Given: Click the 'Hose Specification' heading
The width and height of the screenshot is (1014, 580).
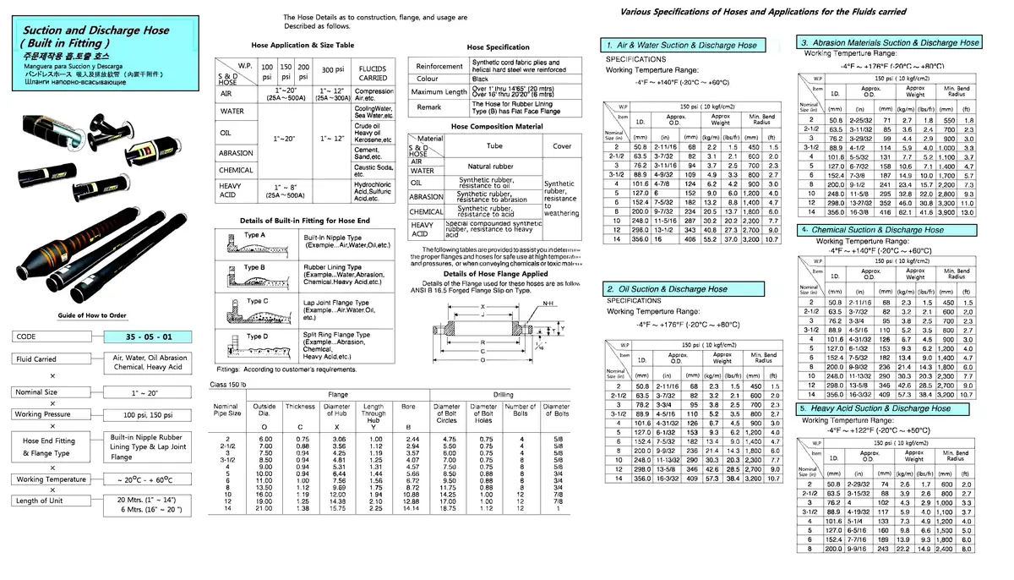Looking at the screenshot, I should tap(498, 48).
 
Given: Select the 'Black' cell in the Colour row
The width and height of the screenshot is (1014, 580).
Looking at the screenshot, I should tap(481, 79).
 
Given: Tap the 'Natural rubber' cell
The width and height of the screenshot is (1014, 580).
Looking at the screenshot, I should tap(491, 167).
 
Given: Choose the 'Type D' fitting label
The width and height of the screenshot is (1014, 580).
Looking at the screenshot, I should tap(257, 337).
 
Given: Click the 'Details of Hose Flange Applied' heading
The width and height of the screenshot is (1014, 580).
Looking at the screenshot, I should tap(495, 274).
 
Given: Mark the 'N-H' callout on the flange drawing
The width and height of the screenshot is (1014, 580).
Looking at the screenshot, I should tap(548, 304).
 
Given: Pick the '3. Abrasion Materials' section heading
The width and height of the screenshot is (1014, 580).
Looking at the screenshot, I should tap(890, 42).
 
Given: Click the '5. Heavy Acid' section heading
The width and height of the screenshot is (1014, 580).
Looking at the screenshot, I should tap(878, 408).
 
